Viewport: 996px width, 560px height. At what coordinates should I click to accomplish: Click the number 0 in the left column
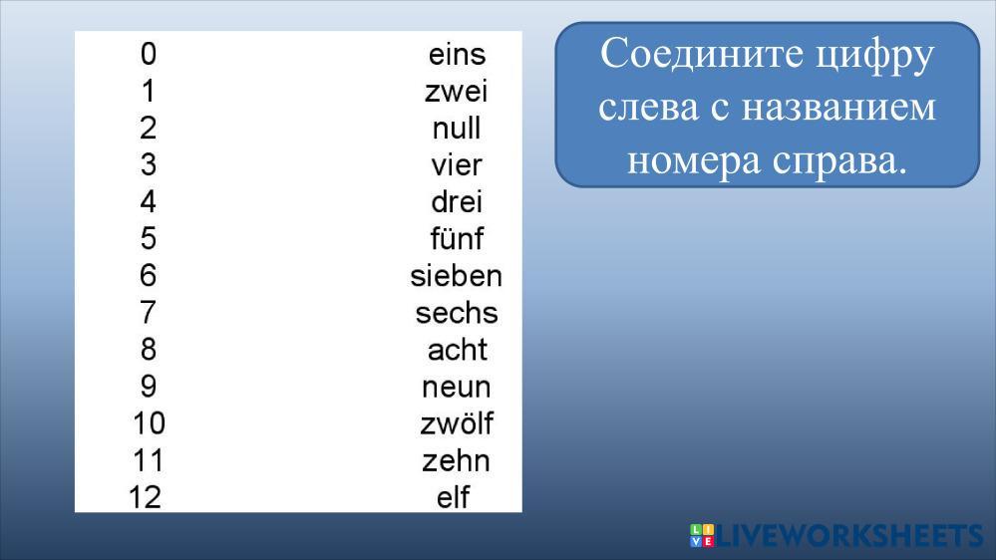coord(148,54)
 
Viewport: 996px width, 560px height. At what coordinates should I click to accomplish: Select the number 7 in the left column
coord(148,312)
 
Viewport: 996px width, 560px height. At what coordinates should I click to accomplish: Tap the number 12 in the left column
coord(145,497)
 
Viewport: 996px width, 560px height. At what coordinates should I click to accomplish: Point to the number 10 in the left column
coord(150,423)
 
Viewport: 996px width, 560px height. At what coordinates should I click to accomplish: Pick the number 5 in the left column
coord(148,239)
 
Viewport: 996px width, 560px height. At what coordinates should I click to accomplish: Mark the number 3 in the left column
coord(148,165)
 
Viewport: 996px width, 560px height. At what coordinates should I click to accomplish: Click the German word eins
coord(457,55)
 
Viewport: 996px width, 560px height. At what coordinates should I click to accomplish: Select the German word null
coord(456,129)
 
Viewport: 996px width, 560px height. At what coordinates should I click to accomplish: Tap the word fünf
coord(457,239)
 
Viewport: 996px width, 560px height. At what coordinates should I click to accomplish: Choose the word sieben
coord(456,276)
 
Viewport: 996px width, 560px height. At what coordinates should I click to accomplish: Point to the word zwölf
coord(456,423)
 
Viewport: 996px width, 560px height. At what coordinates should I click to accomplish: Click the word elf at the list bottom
coord(453,497)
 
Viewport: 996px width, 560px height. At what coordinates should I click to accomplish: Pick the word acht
coord(458,350)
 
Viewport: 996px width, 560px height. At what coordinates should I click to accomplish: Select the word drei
coord(457,202)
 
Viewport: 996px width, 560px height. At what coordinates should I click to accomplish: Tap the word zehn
coord(456,461)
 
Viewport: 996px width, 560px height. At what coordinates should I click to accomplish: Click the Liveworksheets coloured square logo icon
coord(702,535)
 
